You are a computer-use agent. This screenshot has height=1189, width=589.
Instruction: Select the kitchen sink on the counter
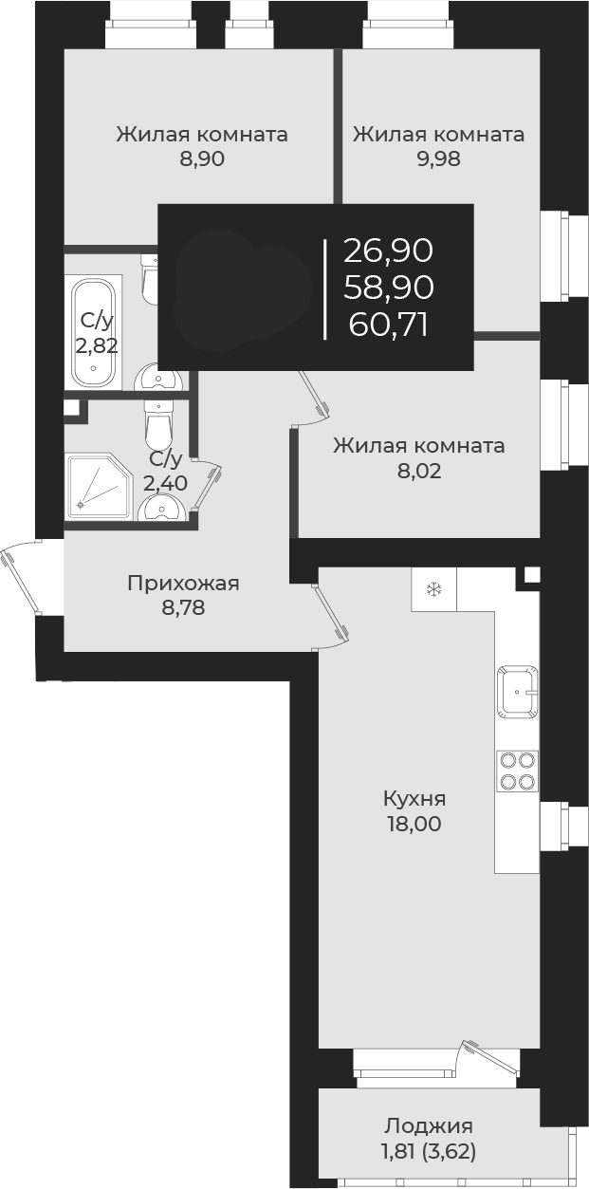click(516, 692)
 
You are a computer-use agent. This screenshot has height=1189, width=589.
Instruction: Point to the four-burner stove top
click(517, 771)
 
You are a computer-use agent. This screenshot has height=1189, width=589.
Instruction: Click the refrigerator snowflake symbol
click(433, 590)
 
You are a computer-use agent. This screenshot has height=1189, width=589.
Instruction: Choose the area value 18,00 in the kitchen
click(414, 824)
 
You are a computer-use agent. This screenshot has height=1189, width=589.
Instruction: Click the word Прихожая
click(183, 583)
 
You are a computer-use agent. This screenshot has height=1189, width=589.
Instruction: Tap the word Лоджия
click(429, 1126)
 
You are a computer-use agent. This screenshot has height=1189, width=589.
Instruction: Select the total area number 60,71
click(388, 325)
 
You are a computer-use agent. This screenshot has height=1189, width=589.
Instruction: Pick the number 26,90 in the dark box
click(388, 251)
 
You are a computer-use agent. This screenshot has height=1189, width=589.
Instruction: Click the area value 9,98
click(438, 159)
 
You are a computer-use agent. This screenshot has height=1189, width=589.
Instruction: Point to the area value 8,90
click(202, 159)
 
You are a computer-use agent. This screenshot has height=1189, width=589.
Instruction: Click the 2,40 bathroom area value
click(165, 482)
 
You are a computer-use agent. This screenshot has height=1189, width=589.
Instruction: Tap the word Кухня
click(414, 798)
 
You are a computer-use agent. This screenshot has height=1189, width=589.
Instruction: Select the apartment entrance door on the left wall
click(21, 577)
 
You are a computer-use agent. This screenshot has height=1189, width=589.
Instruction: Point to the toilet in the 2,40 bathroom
click(158, 425)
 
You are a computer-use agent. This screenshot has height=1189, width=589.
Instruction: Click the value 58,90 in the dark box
click(388, 288)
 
